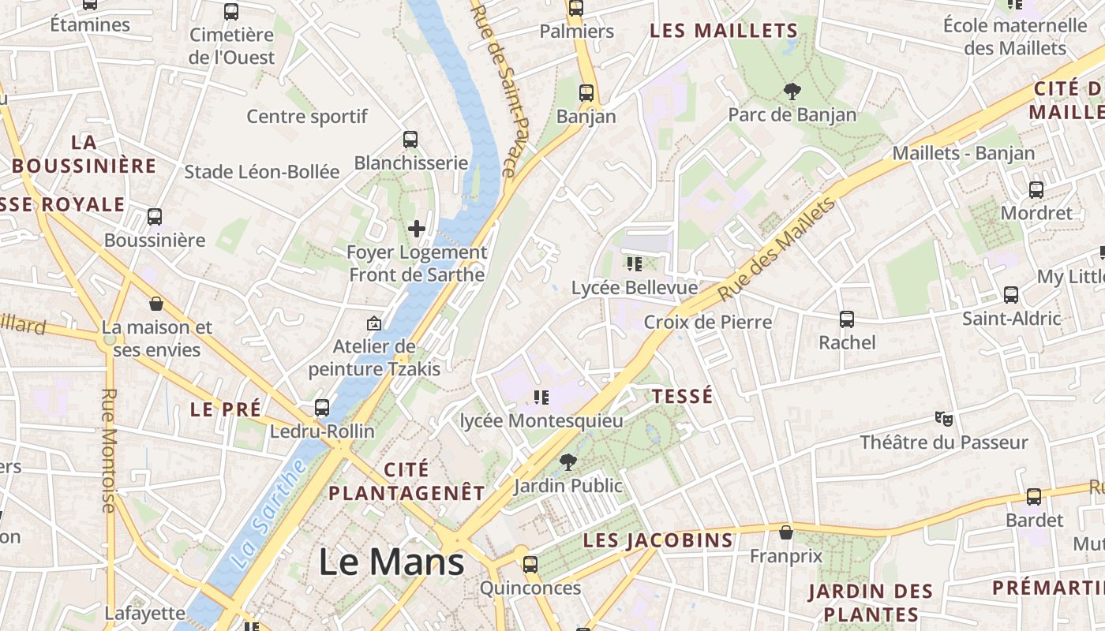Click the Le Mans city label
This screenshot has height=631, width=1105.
coord(391,562)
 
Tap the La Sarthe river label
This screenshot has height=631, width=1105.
coord(270,513)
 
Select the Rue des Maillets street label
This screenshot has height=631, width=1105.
coord(777,249)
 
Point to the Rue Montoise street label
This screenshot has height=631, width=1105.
coord(110,450)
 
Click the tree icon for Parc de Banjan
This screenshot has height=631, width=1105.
coord(792,91)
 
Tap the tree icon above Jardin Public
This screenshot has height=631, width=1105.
coord(567,462)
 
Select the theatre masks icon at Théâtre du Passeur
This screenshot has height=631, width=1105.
coord(943,418)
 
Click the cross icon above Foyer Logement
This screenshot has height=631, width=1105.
coord(417,230)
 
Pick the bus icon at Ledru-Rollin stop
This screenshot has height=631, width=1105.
coord(322,408)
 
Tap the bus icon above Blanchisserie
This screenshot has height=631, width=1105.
coord(410,140)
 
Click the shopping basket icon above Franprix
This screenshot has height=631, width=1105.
coord(785,532)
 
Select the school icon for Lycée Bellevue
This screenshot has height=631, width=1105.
coord(635,263)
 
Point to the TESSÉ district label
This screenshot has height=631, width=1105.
coord(683,395)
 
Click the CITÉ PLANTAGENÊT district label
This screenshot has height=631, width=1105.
coord(406,481)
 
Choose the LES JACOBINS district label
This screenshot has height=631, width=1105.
coord(658,540)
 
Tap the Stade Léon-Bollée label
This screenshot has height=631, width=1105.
coord(262,172)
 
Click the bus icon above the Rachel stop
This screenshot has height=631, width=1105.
coord(847,319)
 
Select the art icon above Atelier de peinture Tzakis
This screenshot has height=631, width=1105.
coord(374,323)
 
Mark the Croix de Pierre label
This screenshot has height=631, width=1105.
coord(708,322)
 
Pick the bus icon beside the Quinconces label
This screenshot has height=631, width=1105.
coord(530,565)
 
